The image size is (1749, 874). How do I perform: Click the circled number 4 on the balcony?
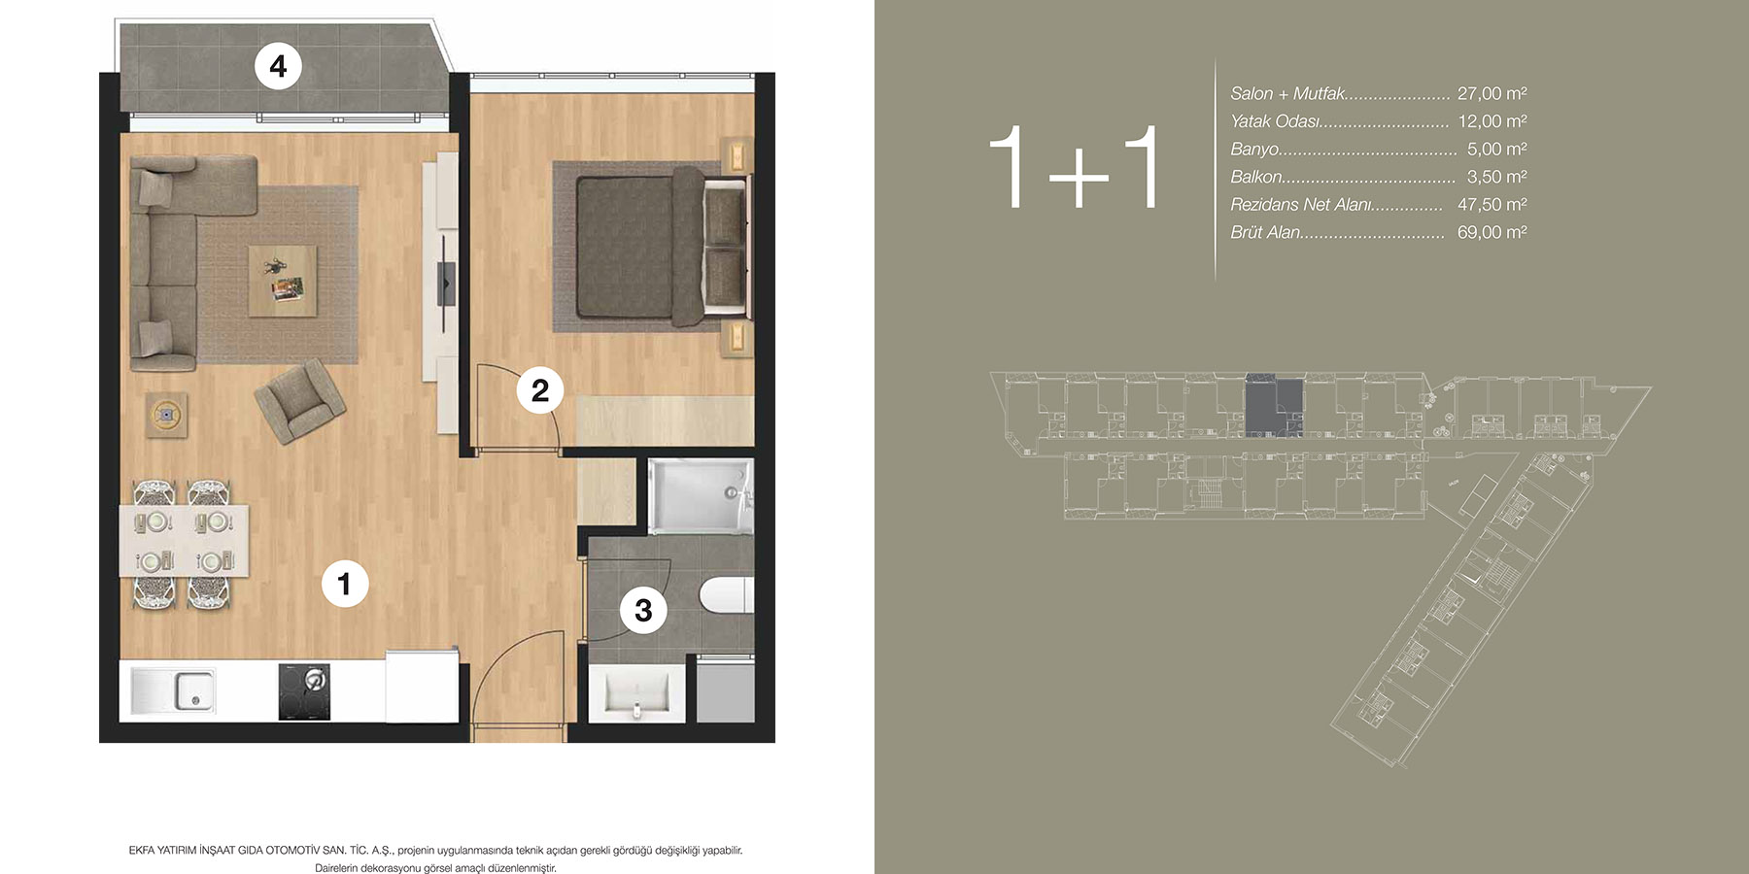pos(278,66)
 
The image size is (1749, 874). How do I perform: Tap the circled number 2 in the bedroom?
pos(540,390)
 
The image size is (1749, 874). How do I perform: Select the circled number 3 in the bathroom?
pos(643,610)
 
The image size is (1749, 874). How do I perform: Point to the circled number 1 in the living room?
pos(344,584)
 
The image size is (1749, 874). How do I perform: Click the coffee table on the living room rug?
pos(283,281)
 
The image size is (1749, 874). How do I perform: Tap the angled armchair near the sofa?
pos(299,400)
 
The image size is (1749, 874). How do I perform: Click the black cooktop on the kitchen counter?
pos(304,691)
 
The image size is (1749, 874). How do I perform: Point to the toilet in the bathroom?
pos(726,595)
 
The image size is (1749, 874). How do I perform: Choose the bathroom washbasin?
pos(636,693)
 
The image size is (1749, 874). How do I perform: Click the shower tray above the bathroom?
pos(700,496)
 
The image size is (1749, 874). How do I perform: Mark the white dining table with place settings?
pos(184,541)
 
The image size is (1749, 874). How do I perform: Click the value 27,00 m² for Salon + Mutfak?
pos(1492,93)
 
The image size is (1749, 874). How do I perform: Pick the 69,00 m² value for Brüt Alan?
pos(1492,232)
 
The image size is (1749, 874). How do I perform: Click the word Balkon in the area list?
pos(1256,177)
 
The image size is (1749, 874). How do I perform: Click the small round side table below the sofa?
pos(167,415)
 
